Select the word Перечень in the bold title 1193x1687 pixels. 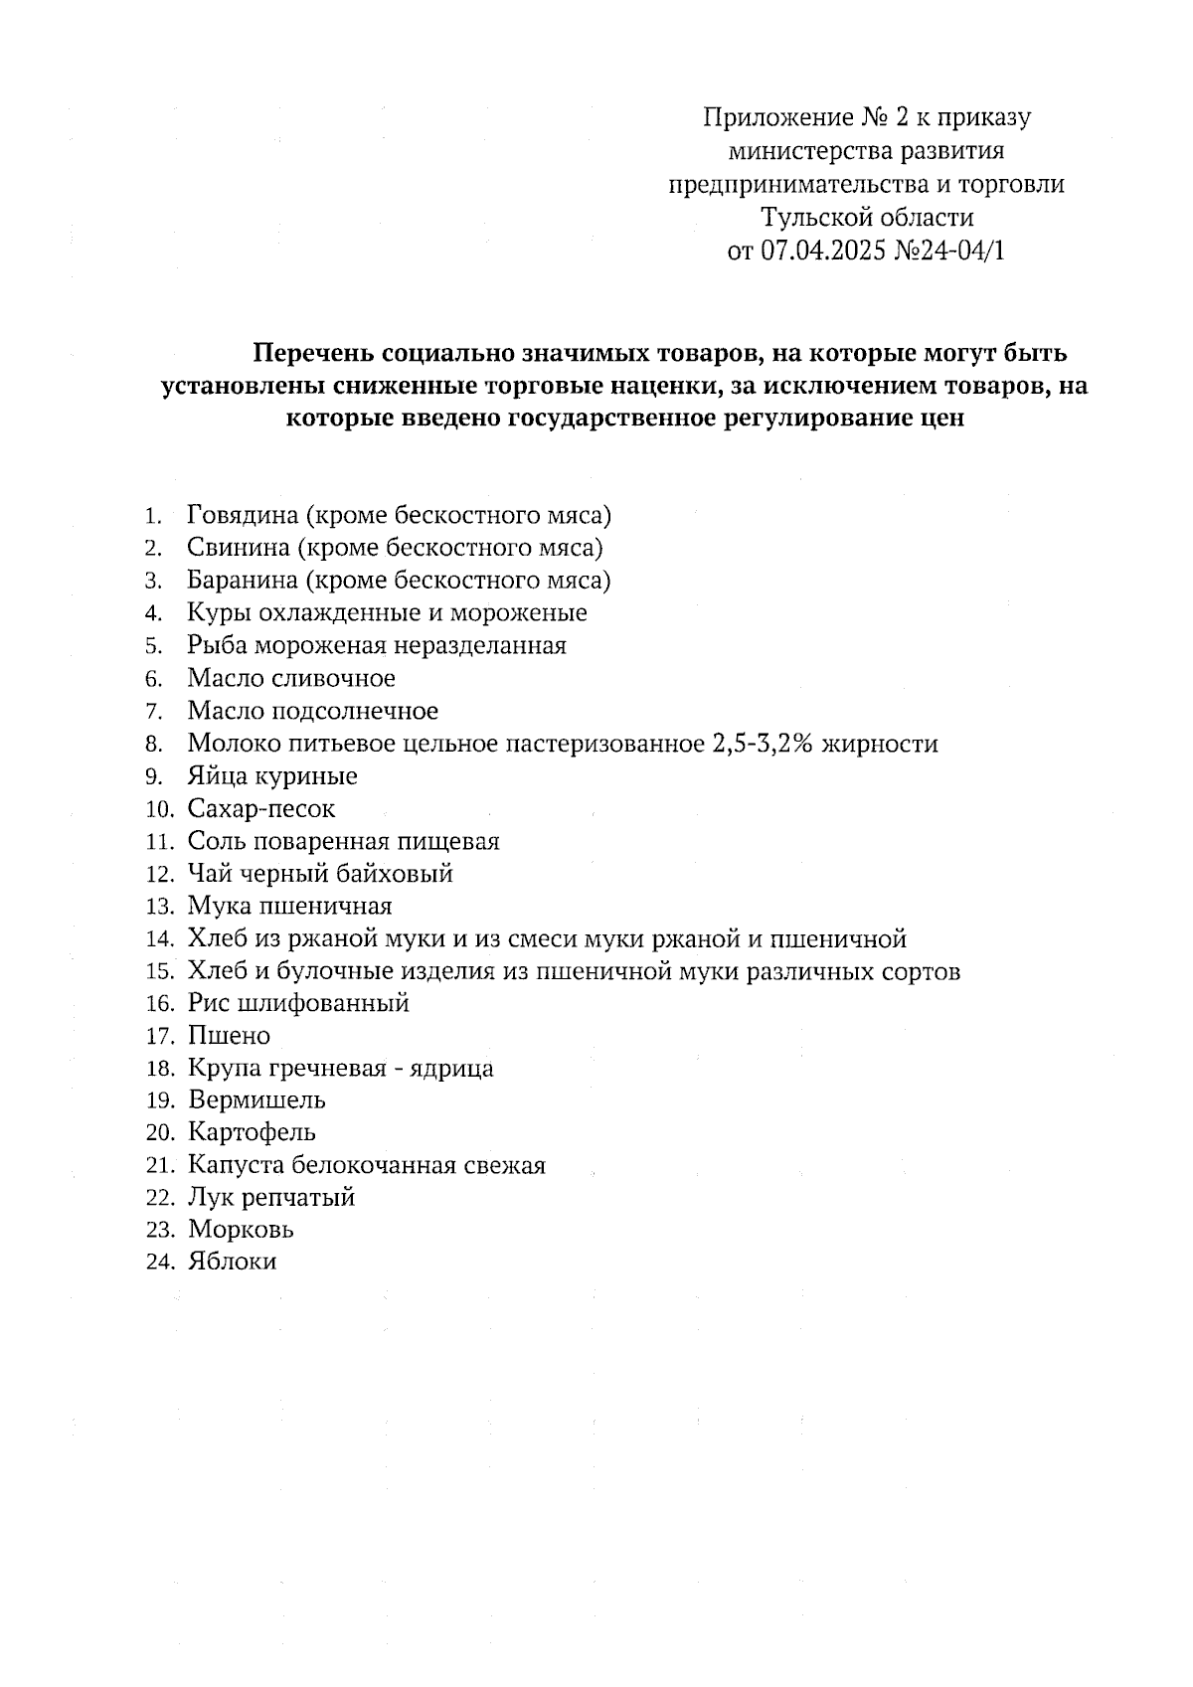(312, 353)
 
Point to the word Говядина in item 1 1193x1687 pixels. (243, 515)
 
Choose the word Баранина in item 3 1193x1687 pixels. (243, 581)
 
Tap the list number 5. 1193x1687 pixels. (153, 646)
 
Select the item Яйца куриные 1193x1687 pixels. (272, 776)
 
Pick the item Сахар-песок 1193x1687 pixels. (261, 808)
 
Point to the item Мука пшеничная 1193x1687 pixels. (289, 906)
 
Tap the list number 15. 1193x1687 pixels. (159, 971)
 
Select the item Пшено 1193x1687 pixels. (229, 1036)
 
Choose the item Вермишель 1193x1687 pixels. (256, 1100)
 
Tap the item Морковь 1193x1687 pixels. (241, 1230)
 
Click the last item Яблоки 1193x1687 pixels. (232, 1262)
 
